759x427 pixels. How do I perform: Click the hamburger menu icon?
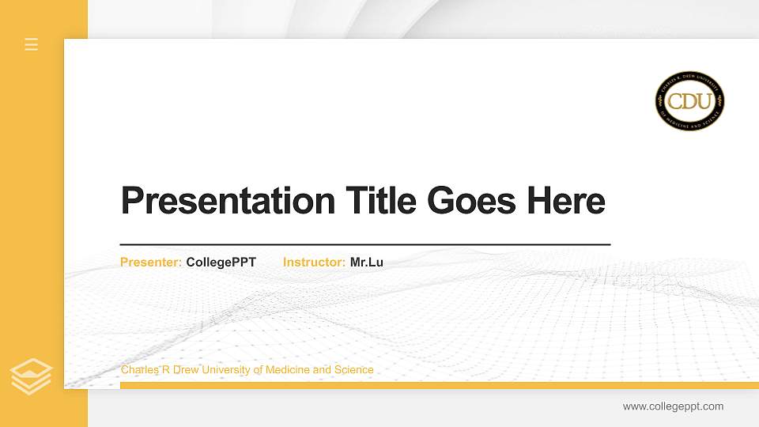pyautogui.click(x=32, y=44)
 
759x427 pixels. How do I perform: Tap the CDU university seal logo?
pyautogui.click(x=689, y=101)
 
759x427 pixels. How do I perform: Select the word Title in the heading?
pyautogui.click(x=382, y=202)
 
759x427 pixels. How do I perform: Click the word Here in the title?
pyautogui.click(x=565, y=202)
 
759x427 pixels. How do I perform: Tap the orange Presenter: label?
pyautogui.click(x=151, y=263)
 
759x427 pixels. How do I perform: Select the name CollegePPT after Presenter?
pyautogui.click(x=221, y=263)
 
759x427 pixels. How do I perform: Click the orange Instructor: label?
pyautogui.click(x=314, y=263)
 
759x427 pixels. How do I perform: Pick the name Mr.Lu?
pyautogui.click(x=367, y=263)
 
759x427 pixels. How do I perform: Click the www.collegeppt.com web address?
pyautogui.click(x=673, y=406)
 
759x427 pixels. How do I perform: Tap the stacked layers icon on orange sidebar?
pyautogui.click(x=32, y=376)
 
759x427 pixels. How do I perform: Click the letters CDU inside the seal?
pyautogui.click(x=689, y=101)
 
